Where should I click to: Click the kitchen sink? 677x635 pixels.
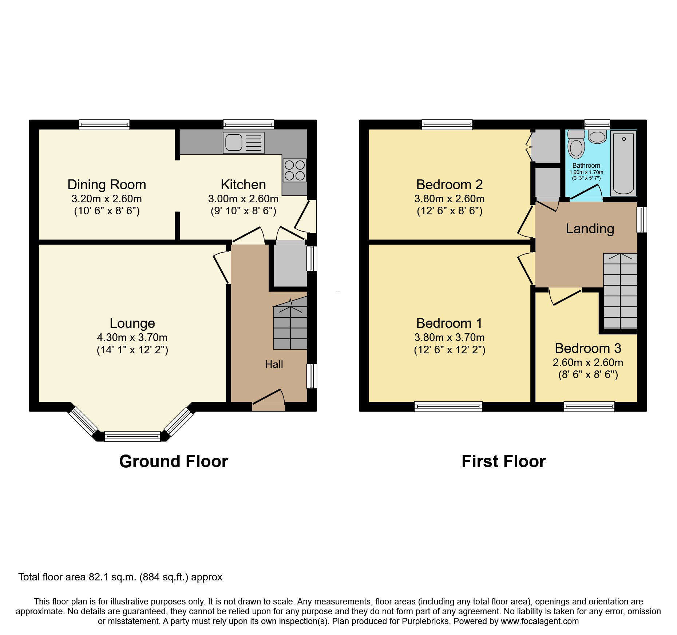point(243,143)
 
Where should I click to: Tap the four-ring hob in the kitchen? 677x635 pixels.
point(294,170)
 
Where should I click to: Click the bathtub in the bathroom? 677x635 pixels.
point(623,163)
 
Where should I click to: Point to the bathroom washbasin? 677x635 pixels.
point(597,137)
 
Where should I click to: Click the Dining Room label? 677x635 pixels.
point(107,184)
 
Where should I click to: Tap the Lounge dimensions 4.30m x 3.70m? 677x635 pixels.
point(132,337)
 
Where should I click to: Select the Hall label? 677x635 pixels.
point(274,364)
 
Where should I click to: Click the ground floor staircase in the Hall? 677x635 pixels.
point(290,328)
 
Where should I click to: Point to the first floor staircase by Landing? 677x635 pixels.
point(620,291)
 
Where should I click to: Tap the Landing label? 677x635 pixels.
point(590,229)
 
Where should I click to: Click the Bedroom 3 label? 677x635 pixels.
point(588,348)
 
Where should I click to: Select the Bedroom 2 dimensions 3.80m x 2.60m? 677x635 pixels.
point(449,199)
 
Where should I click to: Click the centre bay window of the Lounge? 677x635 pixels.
point(132,436)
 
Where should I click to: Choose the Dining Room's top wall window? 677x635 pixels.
point(104,125)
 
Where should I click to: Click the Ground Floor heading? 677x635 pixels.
point(174,461)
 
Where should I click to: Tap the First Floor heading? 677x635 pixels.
point(503,461)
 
